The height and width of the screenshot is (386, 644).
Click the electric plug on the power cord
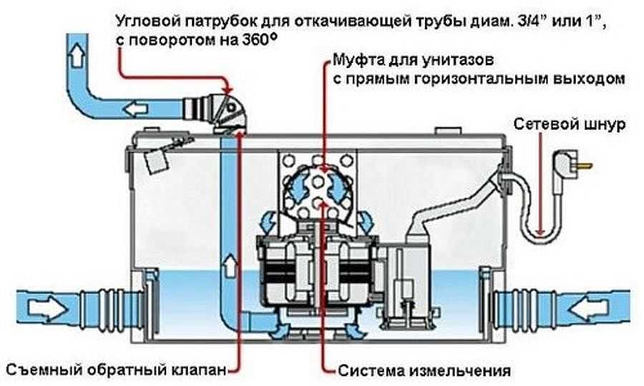coord(572,166)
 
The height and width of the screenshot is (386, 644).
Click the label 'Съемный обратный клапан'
coord(117,370)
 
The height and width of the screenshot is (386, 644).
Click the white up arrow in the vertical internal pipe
coord(231,265)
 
